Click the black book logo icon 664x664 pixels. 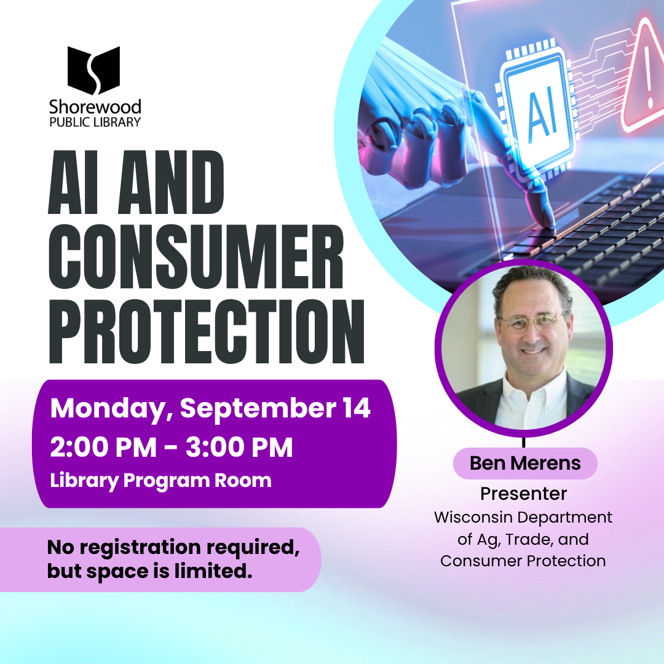(93, 70)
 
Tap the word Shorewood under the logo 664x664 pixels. (95, 107)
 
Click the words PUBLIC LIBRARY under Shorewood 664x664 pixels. (95, 122)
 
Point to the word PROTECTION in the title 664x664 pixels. (207, 331)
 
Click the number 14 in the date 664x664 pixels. (357, 408)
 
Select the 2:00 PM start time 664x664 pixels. (103, 447)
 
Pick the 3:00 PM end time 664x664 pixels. (239, 447)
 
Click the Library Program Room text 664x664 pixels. (160, 481)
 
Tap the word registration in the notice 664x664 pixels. (140, 548)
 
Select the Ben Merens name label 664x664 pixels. (525, 464)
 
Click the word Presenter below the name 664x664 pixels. (523, 494)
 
